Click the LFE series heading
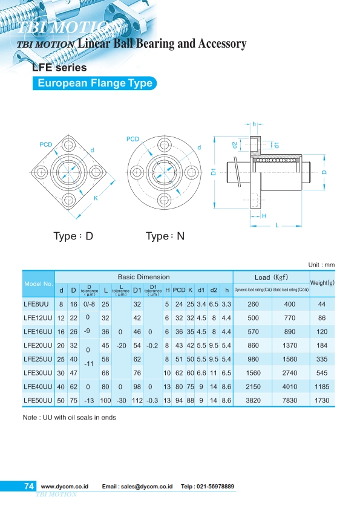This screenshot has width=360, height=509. pyautogui.click(x=59, y=68)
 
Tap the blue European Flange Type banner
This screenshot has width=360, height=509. pyautogui.click(x=95, y=83)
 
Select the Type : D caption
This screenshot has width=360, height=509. pyautogui.click(x=73, y=236)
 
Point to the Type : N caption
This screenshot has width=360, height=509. pyautogui.click(x=165, y=236)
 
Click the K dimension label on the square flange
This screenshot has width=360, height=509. pyautogui.click(x=96, y=198)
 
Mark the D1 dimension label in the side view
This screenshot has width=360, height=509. pyautogui.click(x=214, y=172)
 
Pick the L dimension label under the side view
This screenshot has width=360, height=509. pyautogui.click(x=277, y=225)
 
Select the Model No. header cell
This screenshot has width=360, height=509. pyautogui.click(x=39, y=283)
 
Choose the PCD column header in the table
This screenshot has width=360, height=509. pyautogui.click(x=179, y=290)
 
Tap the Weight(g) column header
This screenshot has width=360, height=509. pyautogui.click(x=322, y=282)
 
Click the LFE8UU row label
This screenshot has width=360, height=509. pyautogui.click(x=36, y=304)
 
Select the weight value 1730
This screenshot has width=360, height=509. pyautogui.click(x=322, y=400)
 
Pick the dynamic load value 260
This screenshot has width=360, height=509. pyautogui.click(x=253, y=304)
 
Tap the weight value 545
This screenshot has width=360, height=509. pyautogui.click(x=322, y=373)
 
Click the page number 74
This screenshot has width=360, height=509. pyautogui.click(x=28, y=487)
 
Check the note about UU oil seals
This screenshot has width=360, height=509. pyautogui.click(x=68, y=417)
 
